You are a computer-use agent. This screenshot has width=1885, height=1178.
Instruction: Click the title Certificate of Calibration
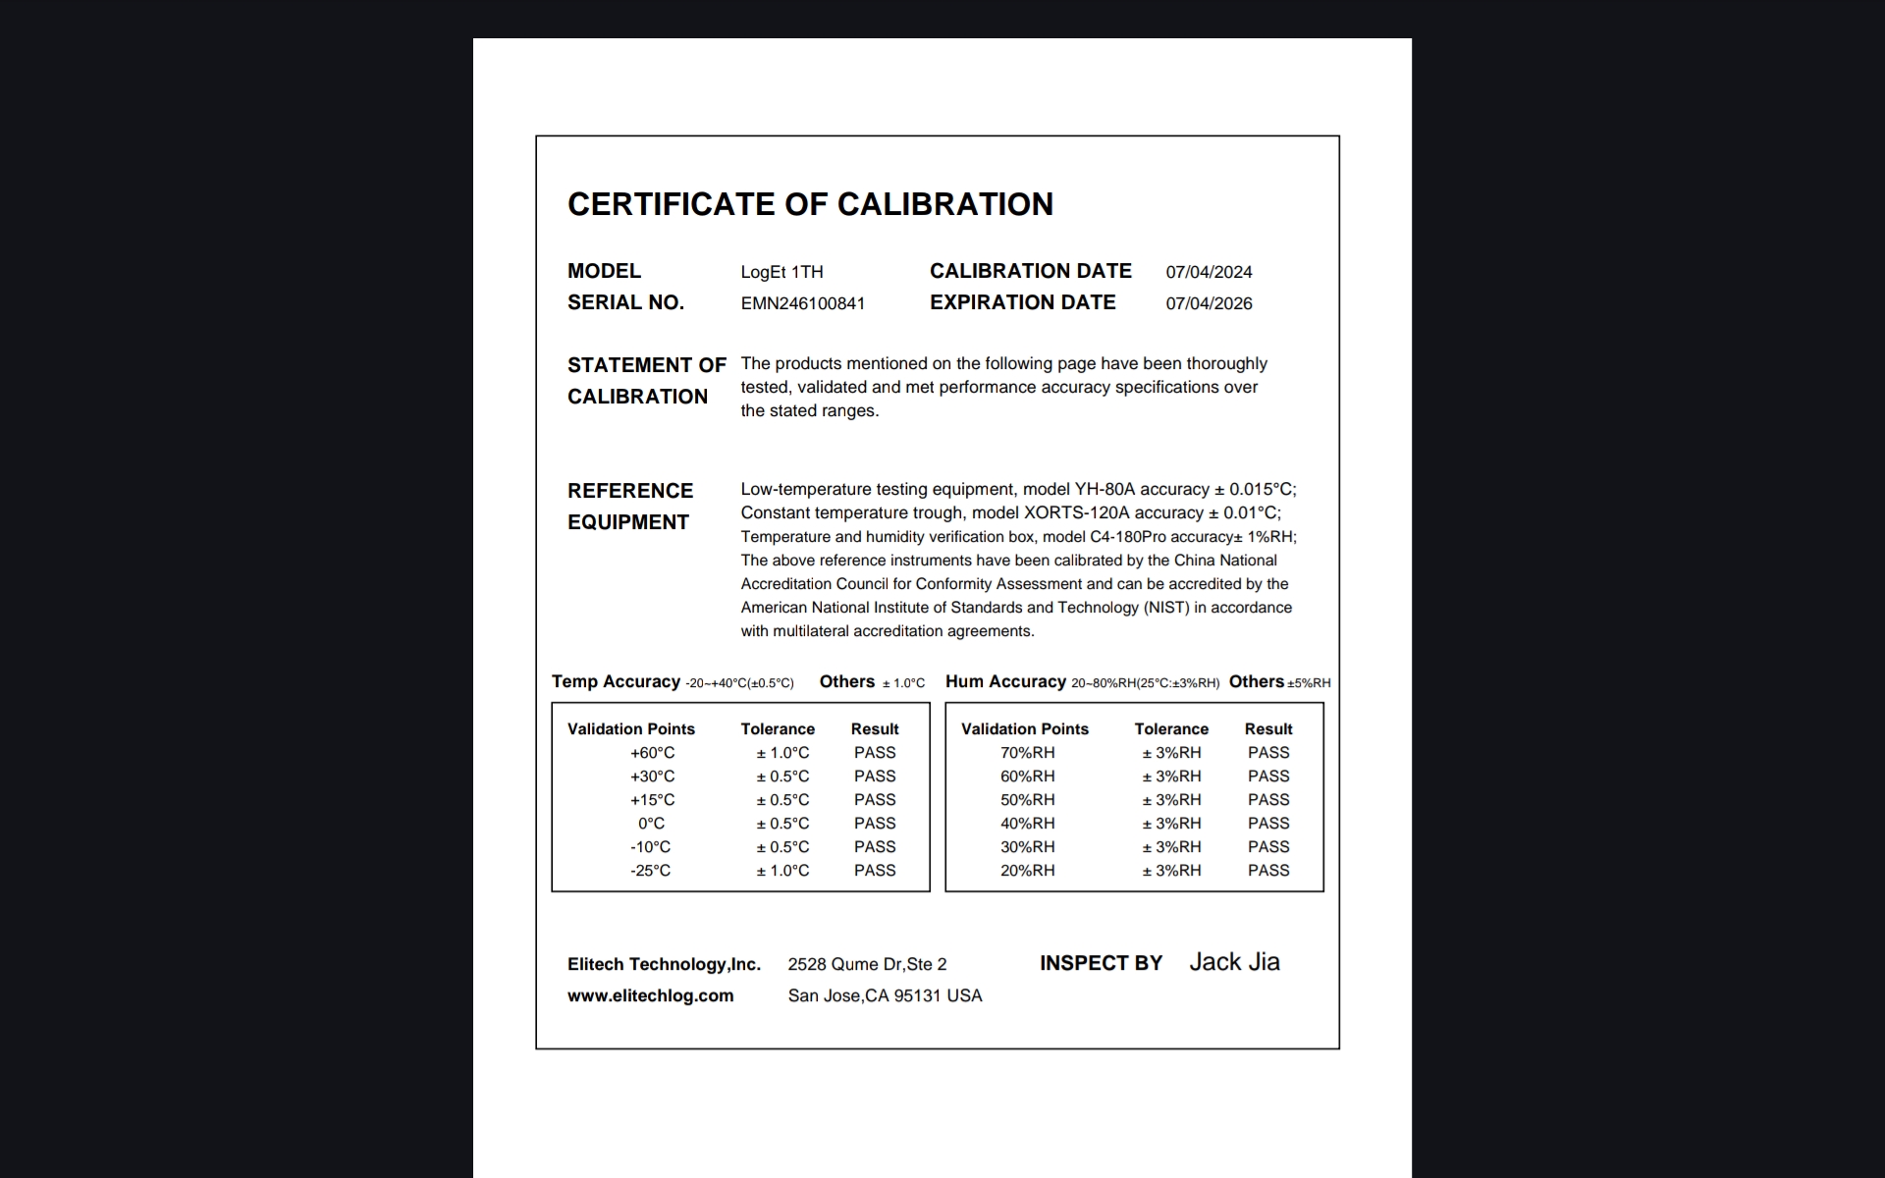click(x=810, y=204)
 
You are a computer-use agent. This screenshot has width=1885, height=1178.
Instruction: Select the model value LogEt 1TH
click(x=781, y=272)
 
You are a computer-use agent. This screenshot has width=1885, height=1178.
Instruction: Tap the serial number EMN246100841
click(x=802, y=303)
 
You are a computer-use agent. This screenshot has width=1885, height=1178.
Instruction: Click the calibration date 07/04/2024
click(x=1209, y=272)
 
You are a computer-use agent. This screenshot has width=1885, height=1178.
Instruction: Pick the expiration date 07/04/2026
click(x=1209, y=303)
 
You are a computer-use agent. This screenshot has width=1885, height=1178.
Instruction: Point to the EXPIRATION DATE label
click(x=1022, y=302)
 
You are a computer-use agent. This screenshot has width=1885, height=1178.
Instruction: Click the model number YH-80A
click(x=1104, y=489)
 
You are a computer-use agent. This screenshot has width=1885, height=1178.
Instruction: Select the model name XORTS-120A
click(x=1076, y=512)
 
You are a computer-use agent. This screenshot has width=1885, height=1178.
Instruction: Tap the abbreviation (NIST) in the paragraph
click(x=1165, y=608)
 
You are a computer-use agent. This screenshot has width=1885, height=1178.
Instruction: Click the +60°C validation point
click(x=652, y=753)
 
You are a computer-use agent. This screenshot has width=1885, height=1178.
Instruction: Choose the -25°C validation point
click(x=650, y=871)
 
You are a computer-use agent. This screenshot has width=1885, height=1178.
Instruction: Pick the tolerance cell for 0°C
click(x=782, y=824)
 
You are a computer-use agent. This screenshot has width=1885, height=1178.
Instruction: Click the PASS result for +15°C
click(x=874, y=800)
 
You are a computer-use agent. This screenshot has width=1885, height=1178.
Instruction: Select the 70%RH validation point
click(x=1027, y=753)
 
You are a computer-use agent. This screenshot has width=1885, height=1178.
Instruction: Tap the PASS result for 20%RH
click(x=1268, y=871)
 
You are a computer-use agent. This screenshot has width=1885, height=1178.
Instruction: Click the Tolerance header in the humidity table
click(x=1171, y=729)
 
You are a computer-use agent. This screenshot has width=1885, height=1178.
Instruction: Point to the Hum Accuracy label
click(x=1005, y=681)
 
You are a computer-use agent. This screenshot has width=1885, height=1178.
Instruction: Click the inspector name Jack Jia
click(x=1234, y=962)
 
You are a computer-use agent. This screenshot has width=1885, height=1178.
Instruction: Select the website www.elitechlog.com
click(x=650, y=995)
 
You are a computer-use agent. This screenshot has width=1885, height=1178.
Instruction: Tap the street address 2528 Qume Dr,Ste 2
click(x=867, y=964)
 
